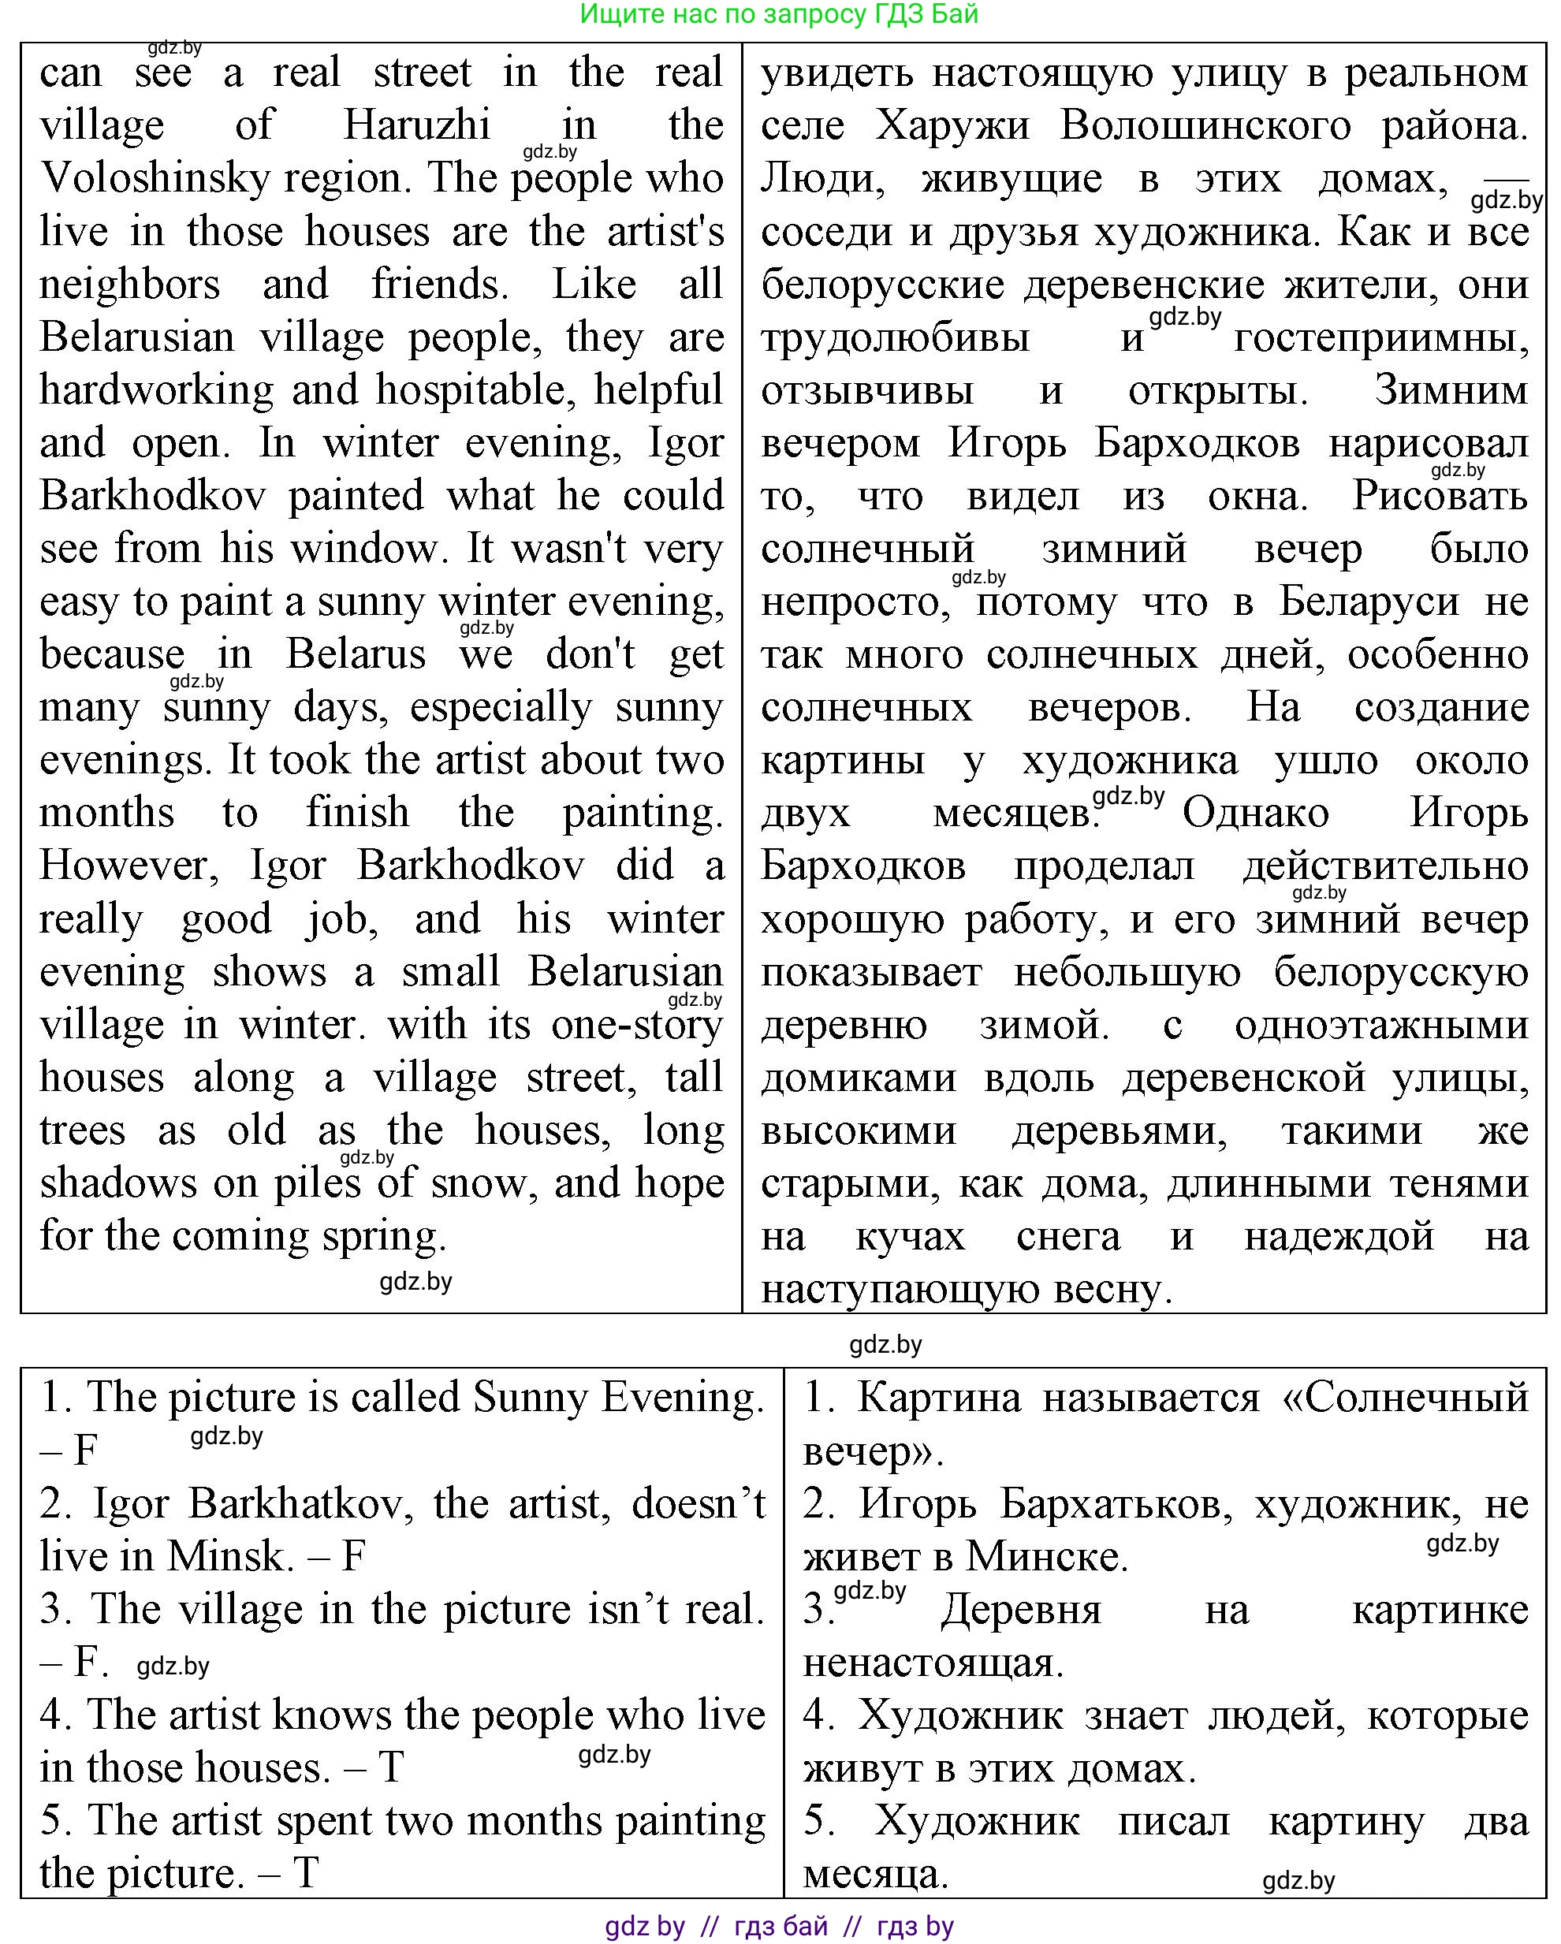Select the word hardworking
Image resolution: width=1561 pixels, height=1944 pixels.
[x=156, y=390]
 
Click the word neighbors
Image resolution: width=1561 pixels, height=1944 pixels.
[x=130, y=285]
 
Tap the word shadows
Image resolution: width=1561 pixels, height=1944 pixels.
[x=118, y=1184]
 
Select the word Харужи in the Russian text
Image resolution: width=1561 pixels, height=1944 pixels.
[x=952, y=125]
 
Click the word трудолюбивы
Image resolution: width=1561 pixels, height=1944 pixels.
[x=895, y=338]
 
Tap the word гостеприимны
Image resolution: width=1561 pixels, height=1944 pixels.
[x=1380, y=338]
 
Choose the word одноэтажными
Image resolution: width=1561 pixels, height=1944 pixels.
[x=1381, y=1025]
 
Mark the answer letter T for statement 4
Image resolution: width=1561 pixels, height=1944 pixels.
[x=390, y=1767]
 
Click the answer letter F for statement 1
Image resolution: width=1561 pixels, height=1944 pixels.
[x=85, y=1451]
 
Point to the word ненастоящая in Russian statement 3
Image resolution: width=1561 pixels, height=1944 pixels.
[x=933, y=1662]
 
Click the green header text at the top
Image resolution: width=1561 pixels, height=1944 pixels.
[x=778, y=14]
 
